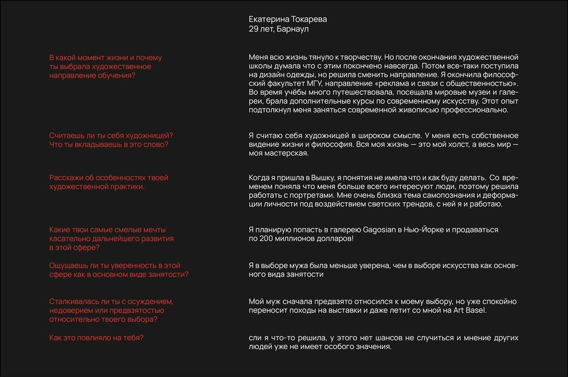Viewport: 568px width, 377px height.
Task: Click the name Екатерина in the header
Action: (x=269, y=19)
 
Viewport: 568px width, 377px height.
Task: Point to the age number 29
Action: (x=254, y=29)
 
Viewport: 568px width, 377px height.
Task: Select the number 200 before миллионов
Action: (x=266, y=239)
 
